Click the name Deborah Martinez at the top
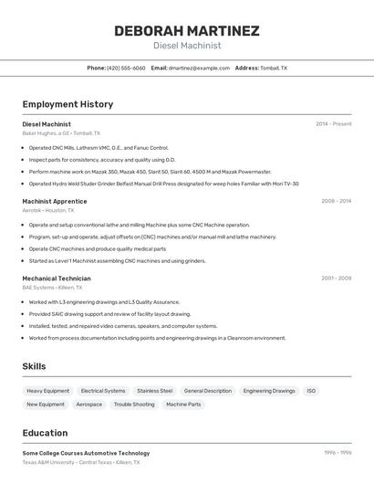pyautogui.click(x=186, y=31)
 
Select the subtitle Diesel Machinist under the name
pyautogui.click(x=186, y=46)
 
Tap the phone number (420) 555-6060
pyautogui.click(x=126, y=68)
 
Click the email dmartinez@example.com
pyautogui.click(x=199, y=68)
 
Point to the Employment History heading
pyautogui.click(x=68, y=104)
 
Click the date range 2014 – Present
pyautogui.click(x=333, y=124)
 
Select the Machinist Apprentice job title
pyautogui.click(x=55, y=201)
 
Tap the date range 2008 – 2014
pyautogui.click(x=336, y=201)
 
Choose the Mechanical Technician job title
pyautogui.click(x=57, y=279)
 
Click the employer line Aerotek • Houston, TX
pyautogui.click(x=48, y=210)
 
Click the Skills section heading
pyautogui.click(x=35, y=366)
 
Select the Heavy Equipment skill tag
pyautogui.click(x=48, y=391)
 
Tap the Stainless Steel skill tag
pyautogui.click(x=154, y=391)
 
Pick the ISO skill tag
pyautogui.click(x=311, y=391)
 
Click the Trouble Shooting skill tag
pyautogui.click(x=134, y=404)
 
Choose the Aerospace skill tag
pyautogui.click(x=89, y=404)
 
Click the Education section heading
pyautogui.click(x=45, y=433)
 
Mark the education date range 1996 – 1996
pyautogui.click(x=338, y=453)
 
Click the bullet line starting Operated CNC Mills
pyautogui.click(x=99, y=147)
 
